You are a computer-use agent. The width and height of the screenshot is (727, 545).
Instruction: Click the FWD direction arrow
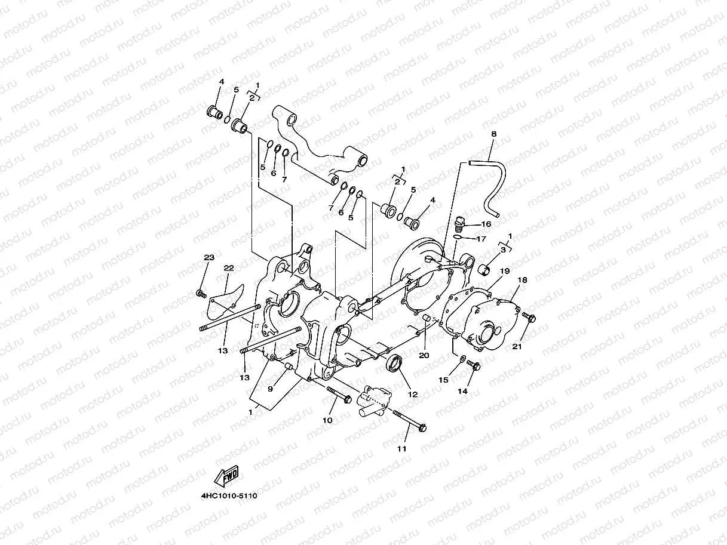click(x=225, y=476)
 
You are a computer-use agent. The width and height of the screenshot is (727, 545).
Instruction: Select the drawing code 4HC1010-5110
click(x=229, y=495)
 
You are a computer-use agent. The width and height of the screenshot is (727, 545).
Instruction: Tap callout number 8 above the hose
click(x=493, y=135)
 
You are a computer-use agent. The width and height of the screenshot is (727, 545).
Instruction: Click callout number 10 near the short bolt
click(x=327, y=420)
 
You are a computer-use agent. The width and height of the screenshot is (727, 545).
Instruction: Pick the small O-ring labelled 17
click(x=458, y=238)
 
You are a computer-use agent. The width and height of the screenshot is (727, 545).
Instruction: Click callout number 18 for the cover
click(x=522, y=280)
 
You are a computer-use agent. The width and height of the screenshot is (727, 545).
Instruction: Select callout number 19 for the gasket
click(x=505, y=271)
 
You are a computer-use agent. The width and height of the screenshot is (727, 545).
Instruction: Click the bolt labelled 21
click(x=529, y=317)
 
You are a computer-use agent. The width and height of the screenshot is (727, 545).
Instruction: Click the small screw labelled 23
click(x=201, y=293)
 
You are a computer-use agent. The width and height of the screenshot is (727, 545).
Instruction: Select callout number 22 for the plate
click(x=228, y=268)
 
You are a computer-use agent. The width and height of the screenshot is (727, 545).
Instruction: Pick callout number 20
click(x=424, y=355)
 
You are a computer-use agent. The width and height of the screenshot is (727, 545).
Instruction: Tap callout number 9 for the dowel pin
click(x=270, y=389)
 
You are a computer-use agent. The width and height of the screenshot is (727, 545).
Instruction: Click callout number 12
click(x=413, y=394)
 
